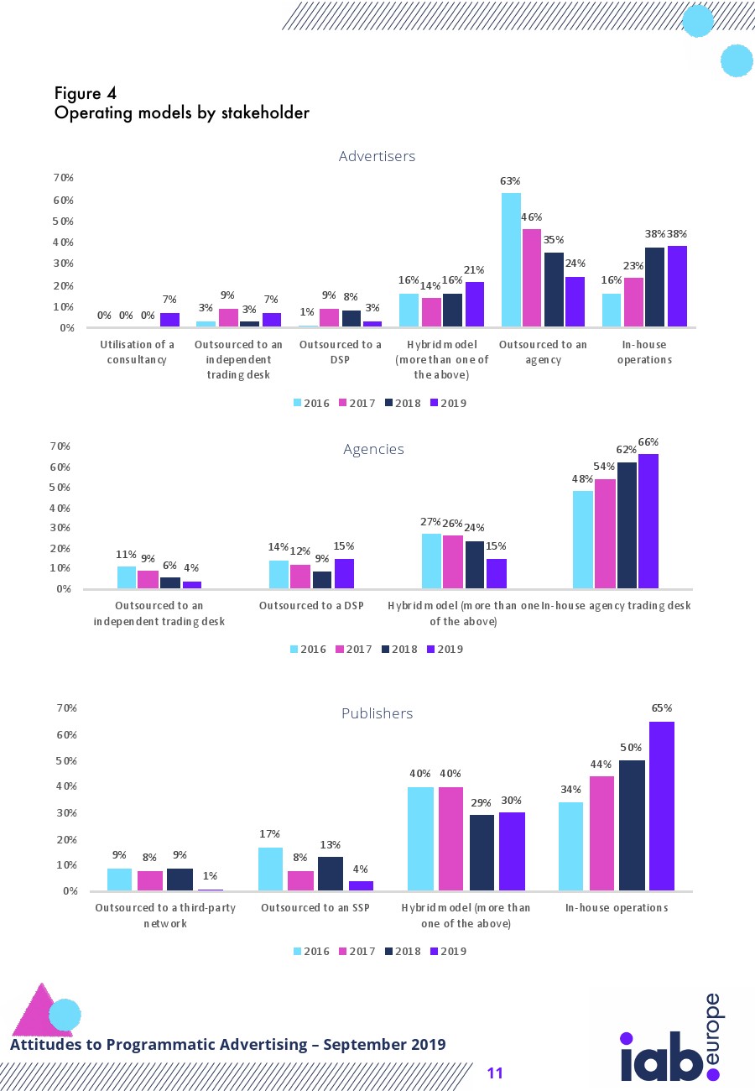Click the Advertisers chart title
[x=377, y=156]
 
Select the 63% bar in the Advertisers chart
[x=511, y=259]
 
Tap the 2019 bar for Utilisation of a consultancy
[x=169, y=319]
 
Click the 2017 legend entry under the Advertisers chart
[x=357, y=403]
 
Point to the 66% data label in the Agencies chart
[x=648, y=441]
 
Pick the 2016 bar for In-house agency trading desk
[x=582, y=540]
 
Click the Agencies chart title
[x=373, y=449]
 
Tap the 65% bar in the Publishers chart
[x=662, y=806]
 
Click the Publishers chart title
[x=377, y=713]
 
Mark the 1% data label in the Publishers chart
[x=210, y=876]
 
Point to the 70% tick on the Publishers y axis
[x=66, y=708]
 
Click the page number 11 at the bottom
[x=495, y=1073]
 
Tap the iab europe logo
[x=670, y=1041]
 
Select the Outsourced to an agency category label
[x=542, y=352]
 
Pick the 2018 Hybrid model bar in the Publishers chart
[x=482, y=852]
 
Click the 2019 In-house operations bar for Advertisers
[x=677, y=285]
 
